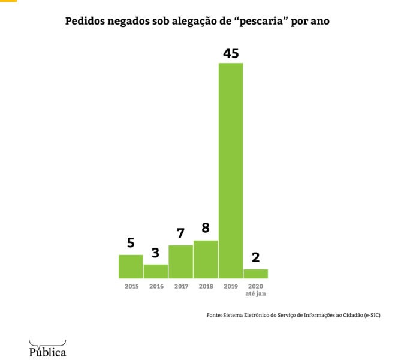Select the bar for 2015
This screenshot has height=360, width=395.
click(131, 266)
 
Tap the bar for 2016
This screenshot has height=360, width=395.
click(156, 271)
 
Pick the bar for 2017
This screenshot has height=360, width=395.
click(180, 262)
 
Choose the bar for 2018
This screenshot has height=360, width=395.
click(206, 259)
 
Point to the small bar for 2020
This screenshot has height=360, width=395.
click(255, 274)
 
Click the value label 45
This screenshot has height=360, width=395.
click(231, 53)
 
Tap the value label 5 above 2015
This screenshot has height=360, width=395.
click(131, 243)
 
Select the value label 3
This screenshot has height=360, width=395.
click(156, 253)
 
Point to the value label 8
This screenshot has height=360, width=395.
click(206, 229)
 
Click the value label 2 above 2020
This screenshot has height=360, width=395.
click(255, 257)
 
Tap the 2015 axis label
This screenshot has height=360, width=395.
click(131, 287)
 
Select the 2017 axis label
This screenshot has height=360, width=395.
click(181, 287)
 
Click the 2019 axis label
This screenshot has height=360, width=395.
click(231, 287)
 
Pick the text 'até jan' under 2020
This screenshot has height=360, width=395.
click(256, 294)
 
